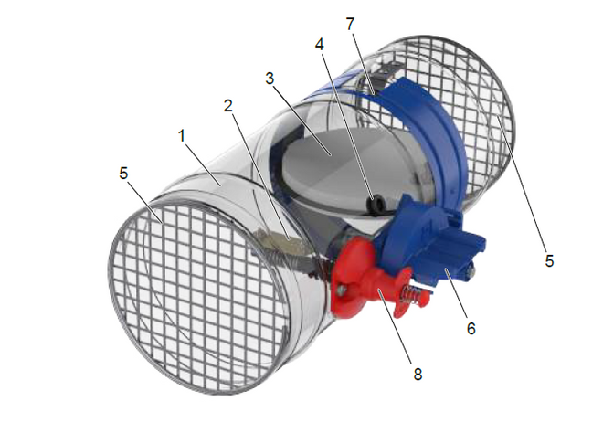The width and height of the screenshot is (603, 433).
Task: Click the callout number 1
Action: point(182,136)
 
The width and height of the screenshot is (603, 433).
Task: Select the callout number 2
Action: point(228,106)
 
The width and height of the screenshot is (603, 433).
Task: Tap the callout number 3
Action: point(270,79)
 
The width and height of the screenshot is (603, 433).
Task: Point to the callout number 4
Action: point(320,45)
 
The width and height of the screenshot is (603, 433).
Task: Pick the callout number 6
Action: point(471,328)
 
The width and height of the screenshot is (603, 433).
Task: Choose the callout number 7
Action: point(350,25)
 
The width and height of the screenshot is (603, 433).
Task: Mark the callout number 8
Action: point(418,374)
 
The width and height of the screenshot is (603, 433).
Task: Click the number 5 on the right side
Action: point(549,260)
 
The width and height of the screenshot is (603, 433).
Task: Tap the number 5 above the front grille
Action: point(123,173)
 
